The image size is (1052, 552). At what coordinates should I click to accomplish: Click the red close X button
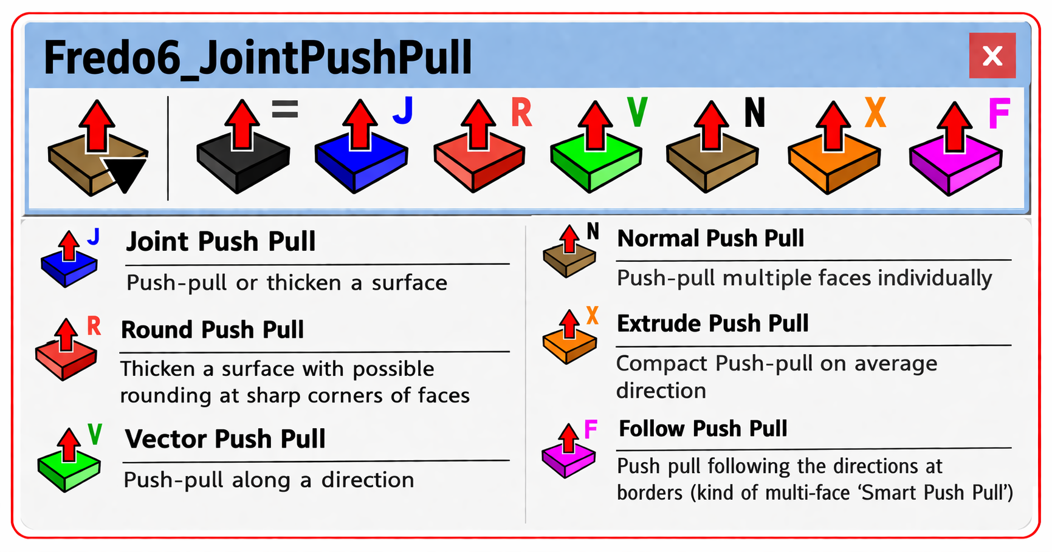click(992, 56)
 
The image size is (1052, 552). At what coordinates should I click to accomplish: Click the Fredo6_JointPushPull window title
click(258, 58)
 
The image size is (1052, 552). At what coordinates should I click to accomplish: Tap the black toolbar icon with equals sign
click(243, 149)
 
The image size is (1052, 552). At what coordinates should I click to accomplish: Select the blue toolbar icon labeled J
click(361, 149)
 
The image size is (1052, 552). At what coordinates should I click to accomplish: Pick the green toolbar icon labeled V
click(596, 149)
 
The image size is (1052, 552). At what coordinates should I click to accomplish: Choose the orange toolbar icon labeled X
click(834, 149)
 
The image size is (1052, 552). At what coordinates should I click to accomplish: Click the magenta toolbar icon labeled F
click(955, 149)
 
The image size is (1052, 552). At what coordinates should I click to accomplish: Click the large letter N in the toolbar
click(754, 113)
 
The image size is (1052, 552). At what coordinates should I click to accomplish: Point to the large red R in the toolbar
click(521, 113)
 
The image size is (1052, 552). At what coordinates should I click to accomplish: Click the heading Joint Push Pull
click(221, 242)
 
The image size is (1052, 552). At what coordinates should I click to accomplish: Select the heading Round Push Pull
click(212, 330)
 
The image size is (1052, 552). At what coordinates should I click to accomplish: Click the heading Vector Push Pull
click(225, 439)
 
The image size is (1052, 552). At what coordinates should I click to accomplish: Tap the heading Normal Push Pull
click(710, 238)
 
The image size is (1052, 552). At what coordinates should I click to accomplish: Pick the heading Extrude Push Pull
click(712, 323)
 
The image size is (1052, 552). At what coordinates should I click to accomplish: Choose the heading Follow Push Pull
click(703, 429)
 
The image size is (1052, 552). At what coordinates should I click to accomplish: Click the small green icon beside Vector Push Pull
click(69, 460)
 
